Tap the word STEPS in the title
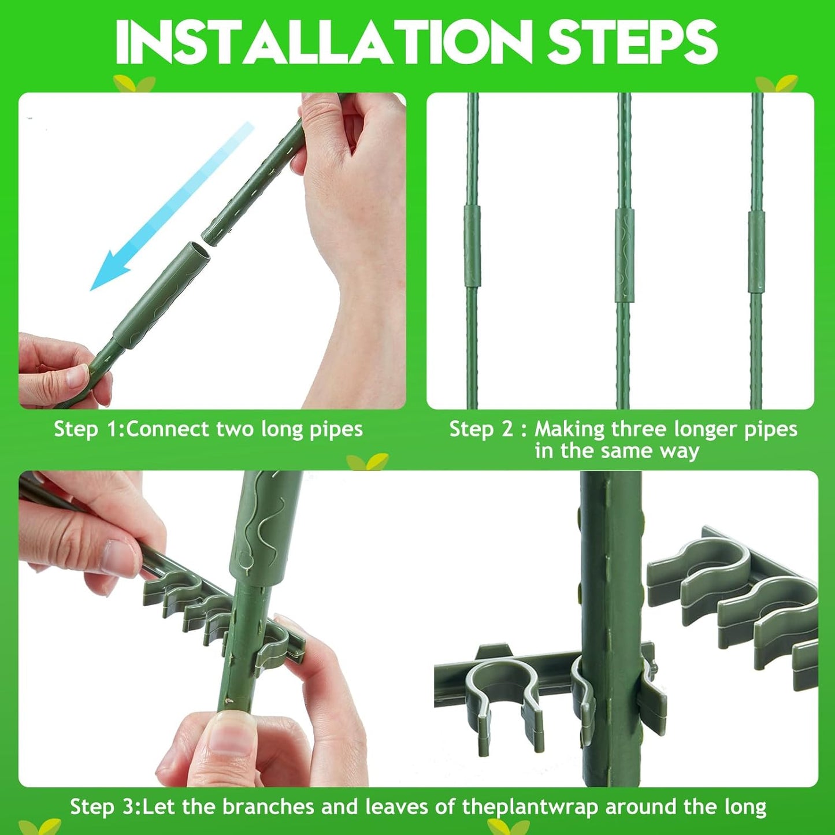(633, 42)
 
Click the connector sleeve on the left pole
(472, 246)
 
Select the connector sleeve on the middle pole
(625, 255)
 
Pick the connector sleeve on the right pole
(756, 252)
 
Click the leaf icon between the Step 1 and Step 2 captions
(368, 462)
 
